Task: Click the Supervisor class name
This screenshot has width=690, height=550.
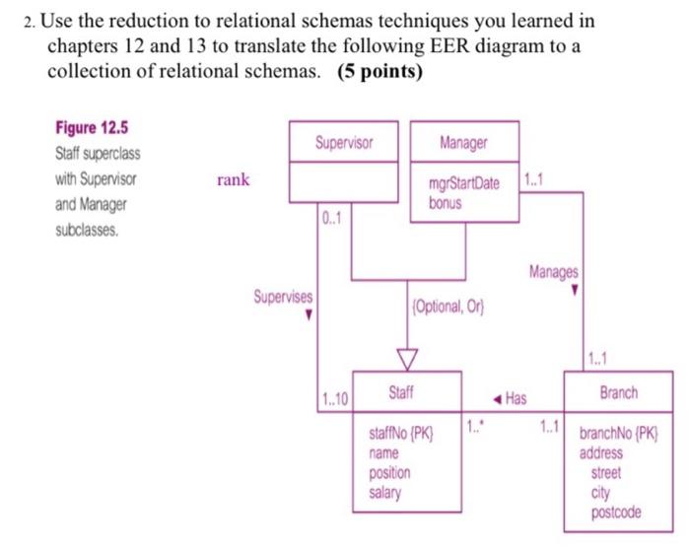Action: point(344,143)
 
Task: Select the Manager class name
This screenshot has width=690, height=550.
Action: point(463,143)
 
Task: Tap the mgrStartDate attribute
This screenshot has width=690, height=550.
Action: point(463,184)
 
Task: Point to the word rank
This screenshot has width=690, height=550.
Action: point(234,179)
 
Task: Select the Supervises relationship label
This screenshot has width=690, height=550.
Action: point(283,296)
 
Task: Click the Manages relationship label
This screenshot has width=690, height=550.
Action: point(554,271)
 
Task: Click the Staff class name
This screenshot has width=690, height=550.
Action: point(400,392)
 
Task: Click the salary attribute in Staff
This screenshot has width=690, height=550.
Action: point(384,492)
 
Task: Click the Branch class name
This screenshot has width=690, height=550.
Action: point(618,392)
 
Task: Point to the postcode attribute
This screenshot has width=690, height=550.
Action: point(616,512)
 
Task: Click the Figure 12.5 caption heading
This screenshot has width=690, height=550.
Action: point(92,128)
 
